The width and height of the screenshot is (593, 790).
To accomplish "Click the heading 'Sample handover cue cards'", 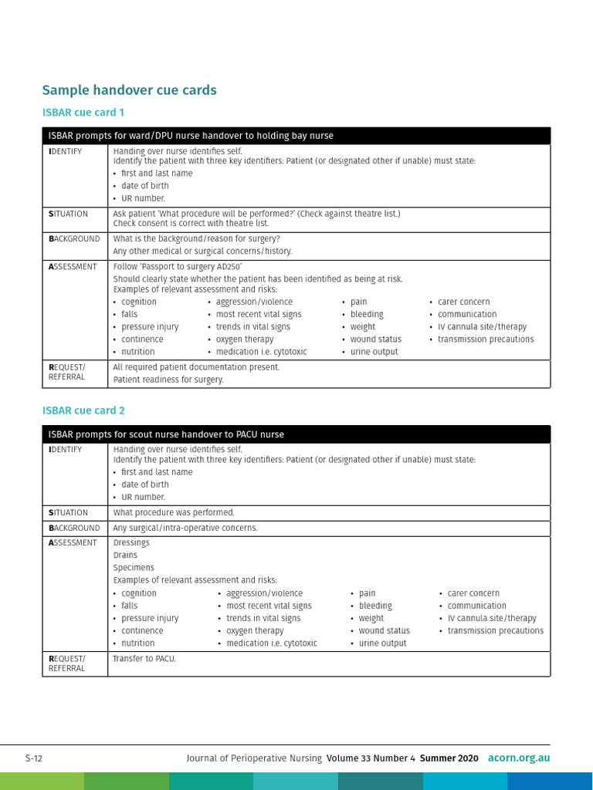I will pos(129,90).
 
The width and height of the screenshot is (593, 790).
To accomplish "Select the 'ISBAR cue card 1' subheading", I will pos(83,113).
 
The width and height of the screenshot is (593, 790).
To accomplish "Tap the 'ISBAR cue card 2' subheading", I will pos(83,411).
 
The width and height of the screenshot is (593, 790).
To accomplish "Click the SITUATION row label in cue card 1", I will pos(68,214).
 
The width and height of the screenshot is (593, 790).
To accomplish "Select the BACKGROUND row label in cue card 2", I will pos(74,528).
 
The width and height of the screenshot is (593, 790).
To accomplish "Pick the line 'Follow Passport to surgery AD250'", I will pos(178,267).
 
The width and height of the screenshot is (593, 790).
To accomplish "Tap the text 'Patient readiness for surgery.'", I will pos(168,380).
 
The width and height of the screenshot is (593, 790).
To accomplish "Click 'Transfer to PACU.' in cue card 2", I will pos(144,659).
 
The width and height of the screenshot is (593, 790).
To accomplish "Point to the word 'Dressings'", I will pos(131,543).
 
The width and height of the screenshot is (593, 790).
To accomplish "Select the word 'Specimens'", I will pos(134,568).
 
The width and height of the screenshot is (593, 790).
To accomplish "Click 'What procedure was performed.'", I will pos(174,513).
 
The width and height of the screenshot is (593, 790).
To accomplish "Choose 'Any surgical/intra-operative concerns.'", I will pos(185,528).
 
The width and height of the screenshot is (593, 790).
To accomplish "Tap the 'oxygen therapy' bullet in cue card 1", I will pos(244,339).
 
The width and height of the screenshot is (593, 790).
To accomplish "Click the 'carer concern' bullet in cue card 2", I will pos(473,593).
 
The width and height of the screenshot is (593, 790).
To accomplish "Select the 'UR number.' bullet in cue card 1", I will pos(143,198).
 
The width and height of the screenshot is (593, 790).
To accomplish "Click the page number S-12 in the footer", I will pos(33,758).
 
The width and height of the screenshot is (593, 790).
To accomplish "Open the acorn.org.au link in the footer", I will pos(519,758).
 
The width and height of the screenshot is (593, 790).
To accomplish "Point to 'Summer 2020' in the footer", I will pos(449,758).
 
